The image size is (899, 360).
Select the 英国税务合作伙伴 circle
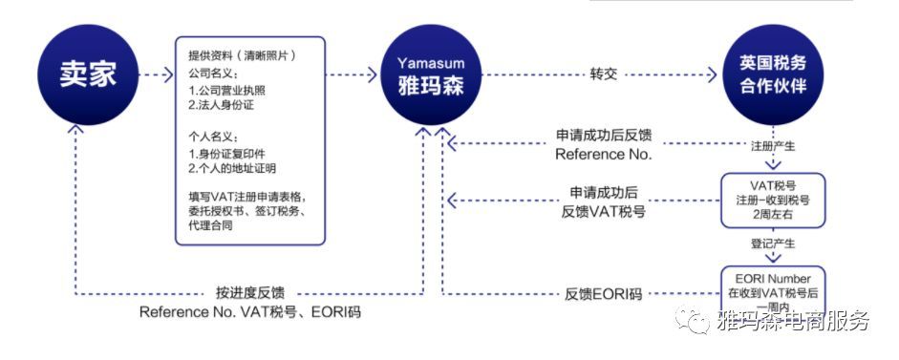(x=773, y=73)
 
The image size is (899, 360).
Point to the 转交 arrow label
(x=597, y=73)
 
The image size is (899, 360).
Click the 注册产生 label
(x=773, y=147)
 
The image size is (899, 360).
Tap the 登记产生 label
(x=773, y=244)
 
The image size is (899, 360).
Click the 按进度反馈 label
(x=249, y=292)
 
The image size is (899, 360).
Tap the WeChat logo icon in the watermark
(x=691, y=322)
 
